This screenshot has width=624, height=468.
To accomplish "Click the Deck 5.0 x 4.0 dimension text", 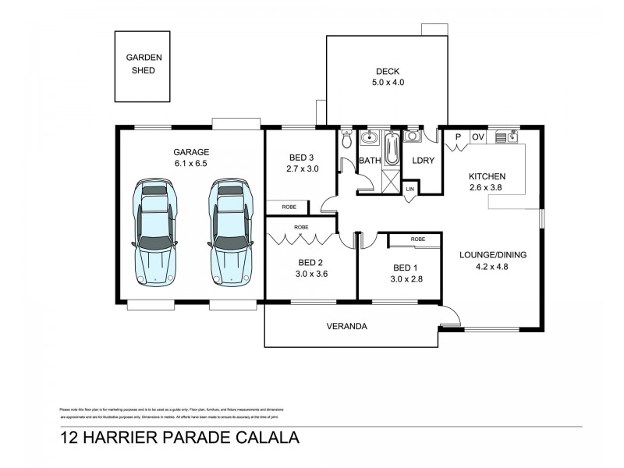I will click(387, 83).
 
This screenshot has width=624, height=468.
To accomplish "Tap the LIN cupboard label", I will click(410, 190).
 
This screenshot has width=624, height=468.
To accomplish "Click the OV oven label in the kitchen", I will click(478, 138).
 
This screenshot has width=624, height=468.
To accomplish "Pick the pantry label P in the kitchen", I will click(458, 138).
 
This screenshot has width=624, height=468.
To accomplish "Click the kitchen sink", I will click(514, 137).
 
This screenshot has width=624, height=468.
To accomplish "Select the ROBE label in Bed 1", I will click(417, 239).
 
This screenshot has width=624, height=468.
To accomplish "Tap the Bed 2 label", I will click(310, 262).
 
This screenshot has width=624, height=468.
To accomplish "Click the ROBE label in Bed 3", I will click(288, 207).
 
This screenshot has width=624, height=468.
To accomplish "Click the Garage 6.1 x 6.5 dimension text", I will click(191, 164).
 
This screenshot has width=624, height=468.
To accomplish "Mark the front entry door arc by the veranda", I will click(450, 317).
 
